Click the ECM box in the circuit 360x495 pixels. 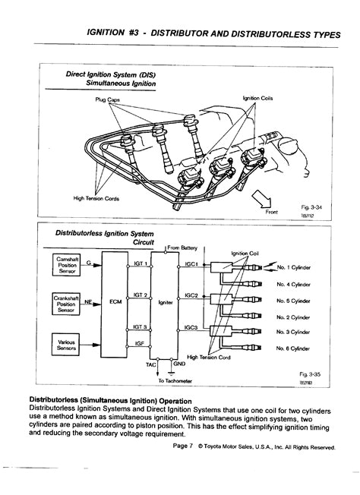click(115, 301)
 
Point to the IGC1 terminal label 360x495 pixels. click(191, 265)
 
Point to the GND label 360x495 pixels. click(179, 364)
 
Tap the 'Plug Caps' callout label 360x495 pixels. click(108, 99)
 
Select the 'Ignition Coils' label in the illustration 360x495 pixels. click(257, 99)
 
